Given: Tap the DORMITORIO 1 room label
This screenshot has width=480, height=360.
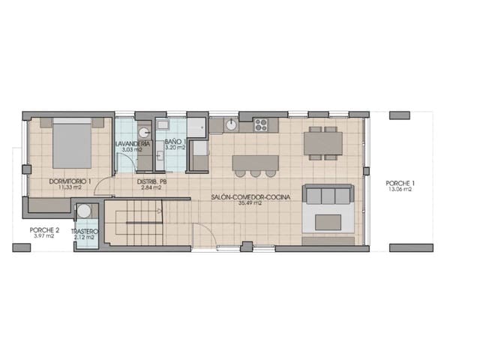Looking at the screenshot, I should pyautogui.click(x=70, y=181).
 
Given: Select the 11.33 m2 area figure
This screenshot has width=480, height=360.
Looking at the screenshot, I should pyautogui.click(x=70, y=188).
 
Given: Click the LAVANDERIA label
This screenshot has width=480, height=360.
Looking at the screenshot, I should pyautogui.click(x=133, y=143).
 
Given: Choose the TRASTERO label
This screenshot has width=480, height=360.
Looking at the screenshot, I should pyautogui.click(x=84, y=232).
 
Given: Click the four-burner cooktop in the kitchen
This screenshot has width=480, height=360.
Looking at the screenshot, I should pyautogui.click(x=261, y=124).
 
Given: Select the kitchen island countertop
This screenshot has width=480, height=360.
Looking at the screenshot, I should pyautogui.click(x=255, y=161).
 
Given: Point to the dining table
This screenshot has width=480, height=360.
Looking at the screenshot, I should pyautogui.click(x=323, y=142).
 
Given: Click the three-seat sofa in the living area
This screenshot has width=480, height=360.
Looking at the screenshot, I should pyautogui.click(x=328, y=196).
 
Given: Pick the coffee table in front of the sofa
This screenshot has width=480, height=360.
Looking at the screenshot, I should pyautogui.click(x=328, y=222).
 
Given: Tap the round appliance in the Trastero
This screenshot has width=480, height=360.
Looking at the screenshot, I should pyautogui.click(x=85, y=211).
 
